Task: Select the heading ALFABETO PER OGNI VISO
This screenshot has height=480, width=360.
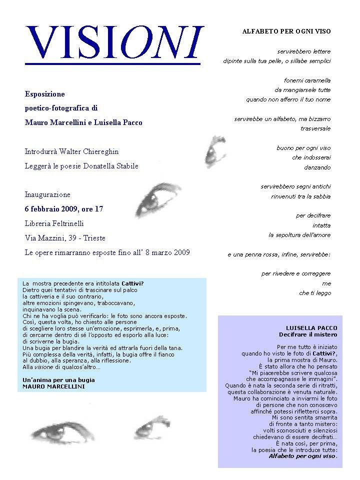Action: (286, 31)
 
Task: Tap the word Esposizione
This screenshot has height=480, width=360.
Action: (45, 94)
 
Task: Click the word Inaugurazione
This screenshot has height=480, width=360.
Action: (48, 194)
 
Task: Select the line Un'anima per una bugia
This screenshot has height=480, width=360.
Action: (58, 380)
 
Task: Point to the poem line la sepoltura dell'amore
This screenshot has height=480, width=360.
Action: (299, 234)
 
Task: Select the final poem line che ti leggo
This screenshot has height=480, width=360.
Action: (315, 293)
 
